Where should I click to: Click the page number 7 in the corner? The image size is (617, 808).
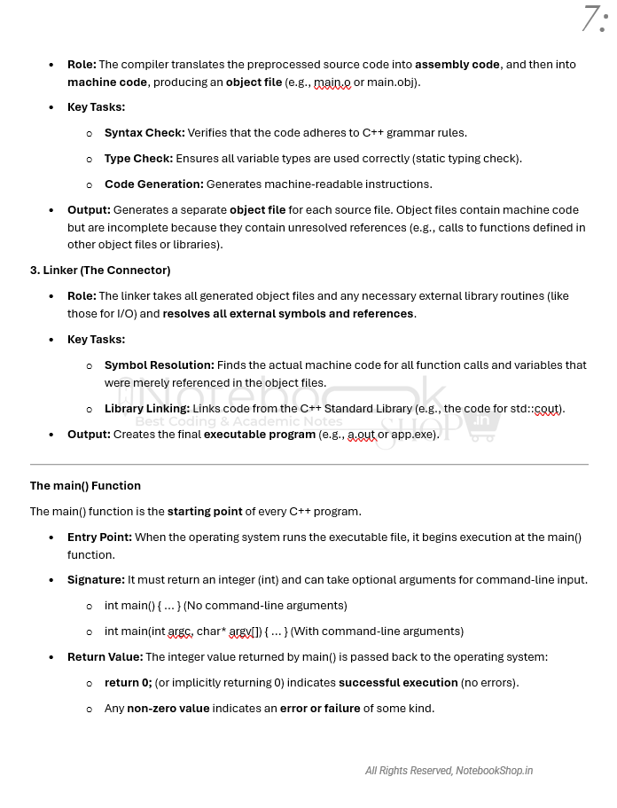591,19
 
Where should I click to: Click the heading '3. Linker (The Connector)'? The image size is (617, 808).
100,270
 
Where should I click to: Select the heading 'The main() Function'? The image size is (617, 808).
85,485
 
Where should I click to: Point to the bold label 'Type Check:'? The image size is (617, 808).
138,158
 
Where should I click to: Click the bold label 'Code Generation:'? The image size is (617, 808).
154,184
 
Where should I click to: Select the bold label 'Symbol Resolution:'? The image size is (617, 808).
160,365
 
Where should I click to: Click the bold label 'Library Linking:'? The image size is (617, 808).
147,408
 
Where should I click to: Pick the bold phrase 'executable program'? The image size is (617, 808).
260,434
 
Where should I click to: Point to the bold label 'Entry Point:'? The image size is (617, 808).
99,537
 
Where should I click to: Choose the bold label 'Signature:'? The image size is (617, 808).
96,579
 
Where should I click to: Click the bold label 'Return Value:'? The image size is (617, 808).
105,656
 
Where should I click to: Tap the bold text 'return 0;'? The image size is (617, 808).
128,682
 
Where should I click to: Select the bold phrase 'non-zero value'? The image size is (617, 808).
168,708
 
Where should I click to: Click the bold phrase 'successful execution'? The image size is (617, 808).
398,682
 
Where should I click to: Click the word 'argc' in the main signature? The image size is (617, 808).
180,631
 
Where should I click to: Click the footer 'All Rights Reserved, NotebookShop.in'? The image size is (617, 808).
449,771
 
